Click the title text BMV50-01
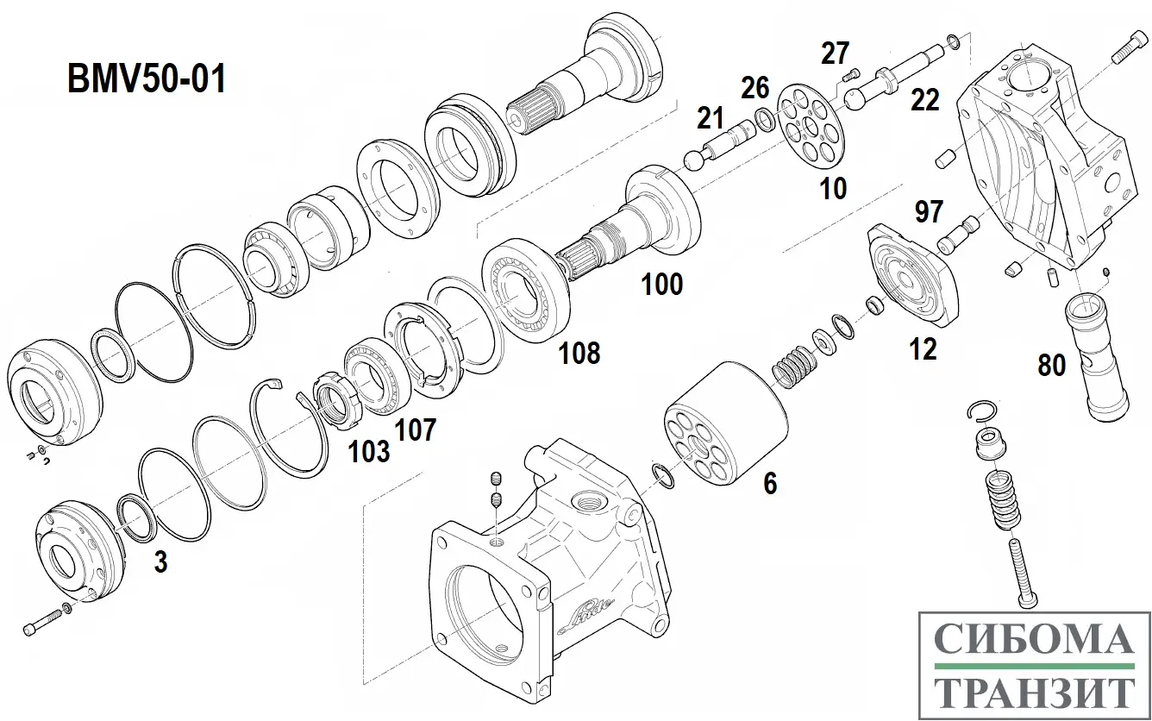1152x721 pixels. (147, 80)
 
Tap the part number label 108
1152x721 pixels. (579, 352)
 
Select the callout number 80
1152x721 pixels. (1051, 366)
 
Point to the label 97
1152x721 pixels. (929, 211)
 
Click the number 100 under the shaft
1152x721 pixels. (661, 284)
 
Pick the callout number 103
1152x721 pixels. (369, 450)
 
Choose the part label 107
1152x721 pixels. (416, 429)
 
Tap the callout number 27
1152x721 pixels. (835, 53)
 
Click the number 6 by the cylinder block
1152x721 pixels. (769, 484)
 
